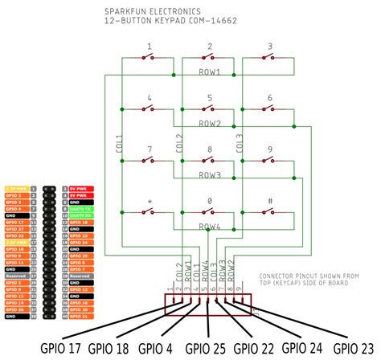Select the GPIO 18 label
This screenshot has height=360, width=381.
tap(132, 349)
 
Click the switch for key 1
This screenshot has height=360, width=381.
tap(149, 58)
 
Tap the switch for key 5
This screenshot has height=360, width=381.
tap(209, 109)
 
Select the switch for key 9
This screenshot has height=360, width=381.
tap(269, 161)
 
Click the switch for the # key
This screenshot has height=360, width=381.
tap(269, 212)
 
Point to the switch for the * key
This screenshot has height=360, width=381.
tap(149, 212)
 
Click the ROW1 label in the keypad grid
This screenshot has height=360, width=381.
tap(209, 73)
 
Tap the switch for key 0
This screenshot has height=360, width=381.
tap(209, 212)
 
